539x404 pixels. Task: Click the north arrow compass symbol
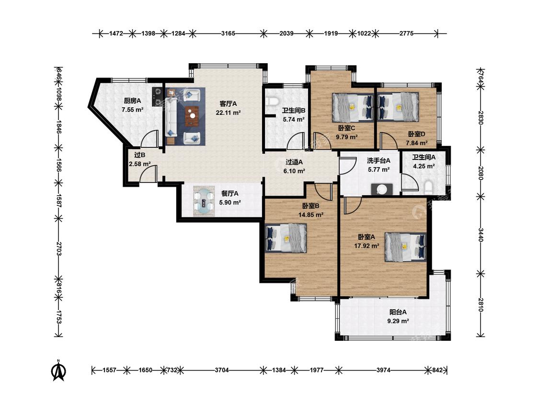[59, 370]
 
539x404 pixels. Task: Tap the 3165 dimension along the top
[228, 34]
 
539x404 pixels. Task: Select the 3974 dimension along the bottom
[383, 370]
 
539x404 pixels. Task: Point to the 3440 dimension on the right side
[481, 235]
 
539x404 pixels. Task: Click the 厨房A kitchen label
[132, 101]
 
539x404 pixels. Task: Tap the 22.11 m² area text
[228, 112]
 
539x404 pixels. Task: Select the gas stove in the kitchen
[157, 97]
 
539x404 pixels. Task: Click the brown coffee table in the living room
[192, 116]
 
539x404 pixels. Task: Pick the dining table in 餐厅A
[205, 201]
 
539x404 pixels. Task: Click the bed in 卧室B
[286, 238]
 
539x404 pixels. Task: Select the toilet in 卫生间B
[272, 101]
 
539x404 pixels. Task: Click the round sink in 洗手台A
[381, 189]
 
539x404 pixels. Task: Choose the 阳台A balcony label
[398, 312]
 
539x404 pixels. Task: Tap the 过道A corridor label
[294, 162]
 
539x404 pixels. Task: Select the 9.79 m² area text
[346, 137]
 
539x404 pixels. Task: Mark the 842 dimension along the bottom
[437, 370]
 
